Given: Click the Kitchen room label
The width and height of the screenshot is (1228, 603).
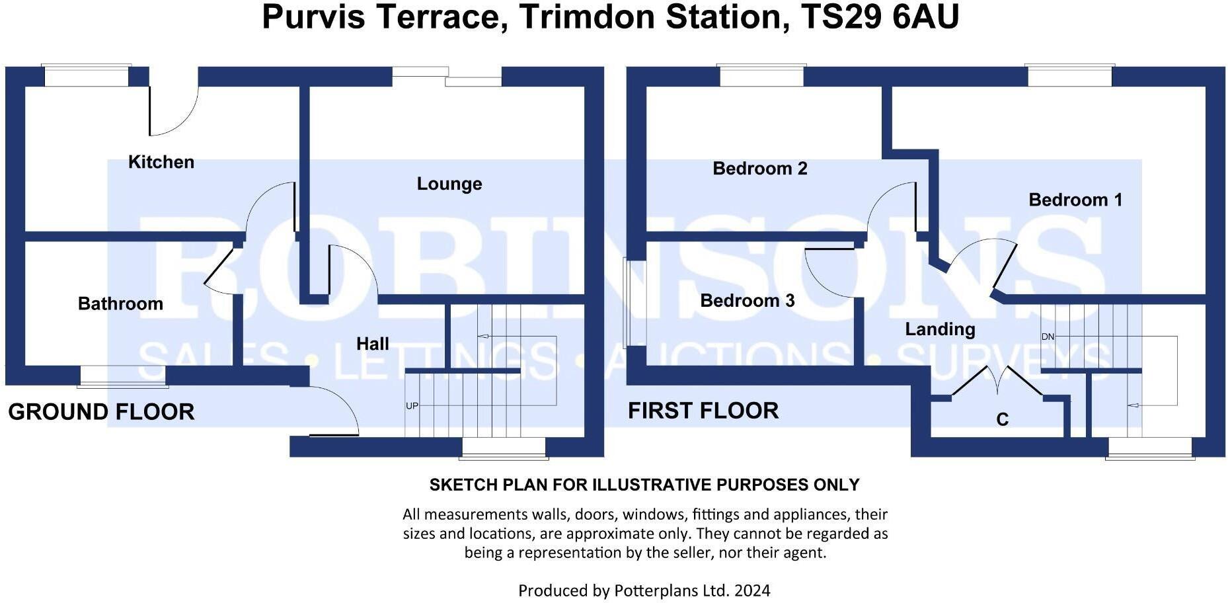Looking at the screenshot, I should [x=161, y=162].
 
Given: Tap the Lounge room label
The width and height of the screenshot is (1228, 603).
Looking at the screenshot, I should [x=449, y=184].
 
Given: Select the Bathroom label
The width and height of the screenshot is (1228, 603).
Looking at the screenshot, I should [x=120, y=303].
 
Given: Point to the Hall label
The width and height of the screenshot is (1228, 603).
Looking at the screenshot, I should [x=372, y=344].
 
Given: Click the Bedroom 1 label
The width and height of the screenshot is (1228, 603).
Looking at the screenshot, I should [x=1075, y=200].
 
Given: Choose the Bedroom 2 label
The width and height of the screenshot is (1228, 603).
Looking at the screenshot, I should [x=759, y=169].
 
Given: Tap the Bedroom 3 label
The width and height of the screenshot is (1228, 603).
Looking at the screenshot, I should [x=747, y=301].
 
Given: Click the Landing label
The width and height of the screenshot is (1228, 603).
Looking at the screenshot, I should [x=939, y=329].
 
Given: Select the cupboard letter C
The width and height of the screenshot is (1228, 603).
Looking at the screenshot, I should [x=1002, y=420].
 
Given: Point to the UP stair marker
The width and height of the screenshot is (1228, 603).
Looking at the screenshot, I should [x=412, y=406].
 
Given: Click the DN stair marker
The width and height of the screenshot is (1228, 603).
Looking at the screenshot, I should [x=1048, y=337].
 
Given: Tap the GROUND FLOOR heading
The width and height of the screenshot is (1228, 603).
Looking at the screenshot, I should [x=101, y=412].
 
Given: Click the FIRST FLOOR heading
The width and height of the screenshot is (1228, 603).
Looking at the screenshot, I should [x=703, y=411].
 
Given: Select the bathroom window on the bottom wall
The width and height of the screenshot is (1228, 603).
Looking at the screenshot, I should [x=122, y=377].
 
